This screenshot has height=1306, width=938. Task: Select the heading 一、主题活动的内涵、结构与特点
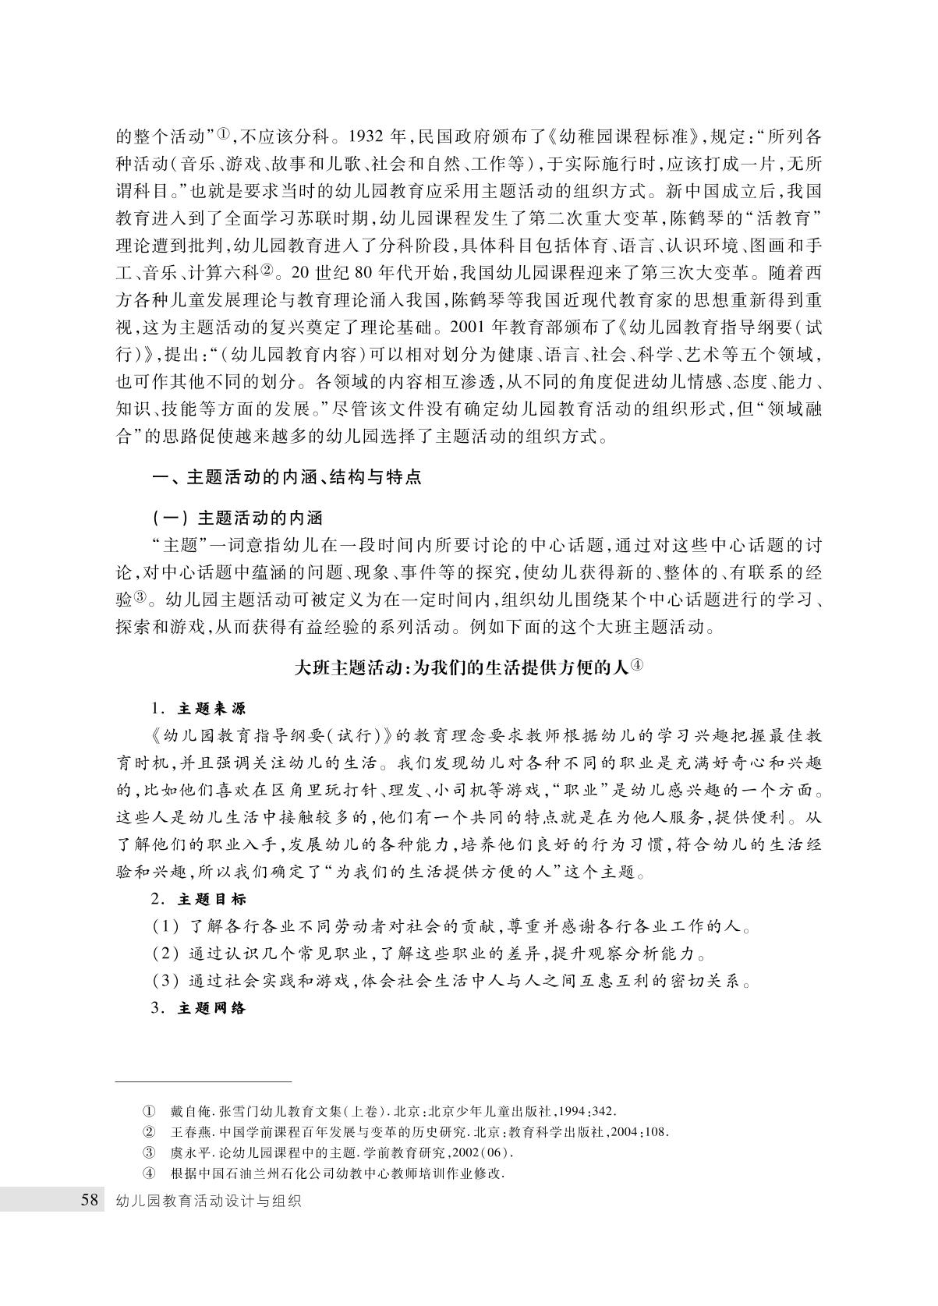[x=286, y=477]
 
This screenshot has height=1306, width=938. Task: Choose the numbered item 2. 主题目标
[x=199, y=899]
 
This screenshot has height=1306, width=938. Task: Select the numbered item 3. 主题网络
[x=199, y=1008]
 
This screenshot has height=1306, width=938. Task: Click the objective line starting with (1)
[x=452, y=927]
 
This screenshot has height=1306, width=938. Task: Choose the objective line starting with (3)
[x=452, y=981]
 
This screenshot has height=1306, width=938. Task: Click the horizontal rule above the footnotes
[x=204, y=1081]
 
